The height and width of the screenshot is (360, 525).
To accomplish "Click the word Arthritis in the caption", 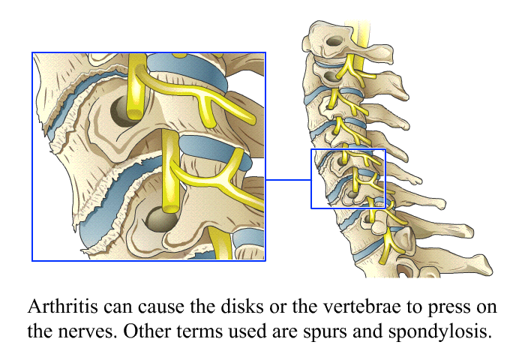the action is pos(62,306).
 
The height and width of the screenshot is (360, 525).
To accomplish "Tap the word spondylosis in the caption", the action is pos(440,331).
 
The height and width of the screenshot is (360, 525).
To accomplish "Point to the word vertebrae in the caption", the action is pos(363,306).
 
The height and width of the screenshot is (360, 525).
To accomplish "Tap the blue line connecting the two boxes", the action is pos(288,180).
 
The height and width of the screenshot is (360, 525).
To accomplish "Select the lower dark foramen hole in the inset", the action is pos(160,219).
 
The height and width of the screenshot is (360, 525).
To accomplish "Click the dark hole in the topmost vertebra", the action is pos(334,41).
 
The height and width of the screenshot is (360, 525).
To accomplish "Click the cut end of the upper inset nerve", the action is pos(134,113).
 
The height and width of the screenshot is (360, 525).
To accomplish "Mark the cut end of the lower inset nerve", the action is pos(170,209).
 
